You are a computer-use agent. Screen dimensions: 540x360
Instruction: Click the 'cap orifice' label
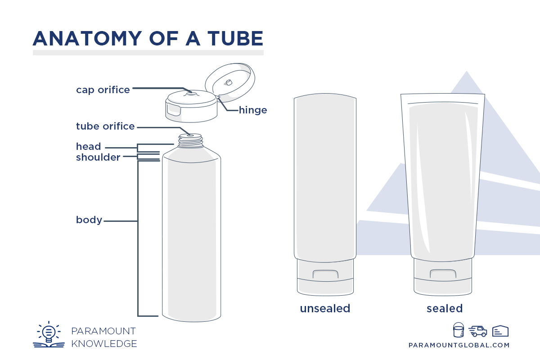pyautogui.click(x=103, y=90)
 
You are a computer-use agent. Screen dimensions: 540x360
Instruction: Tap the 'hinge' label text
pyautogui.click(x=253, y=110)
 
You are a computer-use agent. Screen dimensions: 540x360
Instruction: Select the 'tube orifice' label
pyautogui.click(x=105, y=126)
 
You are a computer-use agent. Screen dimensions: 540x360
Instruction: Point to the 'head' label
pyautogui.click(x=88, y=147)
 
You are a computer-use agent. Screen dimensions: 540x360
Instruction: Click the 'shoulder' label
pyautogui.click(x=98, y=157)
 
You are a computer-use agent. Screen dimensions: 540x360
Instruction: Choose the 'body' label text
pyautogui.click(x=89, y=220)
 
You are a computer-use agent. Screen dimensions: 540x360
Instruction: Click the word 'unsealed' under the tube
pyautogui.click(x=325, y=309)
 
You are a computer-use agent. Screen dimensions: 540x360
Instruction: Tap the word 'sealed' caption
pyautogui.click(x=445, y=309)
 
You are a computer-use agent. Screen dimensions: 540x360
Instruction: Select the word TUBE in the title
pyautogui.click(x=233, y=39)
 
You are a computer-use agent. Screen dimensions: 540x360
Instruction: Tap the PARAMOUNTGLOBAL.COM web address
pyautogui.click(x=459, y=345)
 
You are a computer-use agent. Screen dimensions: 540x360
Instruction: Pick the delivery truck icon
pyautogui.click(x=477, y=331)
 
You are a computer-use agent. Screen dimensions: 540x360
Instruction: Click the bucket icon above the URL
pyautogui.click(x=458, y=330)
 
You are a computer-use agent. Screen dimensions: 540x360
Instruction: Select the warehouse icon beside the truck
pyautogui.click(x=500, y=331)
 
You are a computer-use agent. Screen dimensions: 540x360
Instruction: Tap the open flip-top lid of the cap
pyautogui.click(x=230, y=81)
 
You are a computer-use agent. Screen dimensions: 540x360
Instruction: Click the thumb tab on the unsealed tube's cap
pyautogui.click(x=325, y=274)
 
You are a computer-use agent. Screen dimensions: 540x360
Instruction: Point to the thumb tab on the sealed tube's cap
pyautogui.click(x=443, y=274)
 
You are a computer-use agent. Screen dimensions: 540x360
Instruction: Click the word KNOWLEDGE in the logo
pyautogui.click(x=104, y=344)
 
